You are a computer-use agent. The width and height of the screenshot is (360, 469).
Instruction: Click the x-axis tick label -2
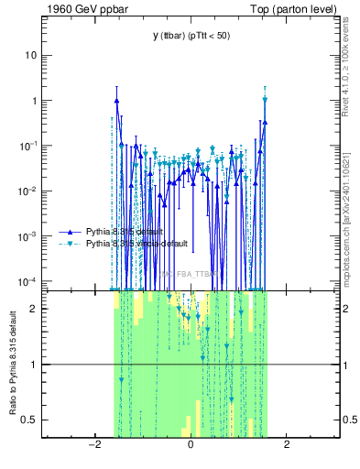point(93,444)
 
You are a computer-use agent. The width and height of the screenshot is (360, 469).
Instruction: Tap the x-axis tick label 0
point(191,444)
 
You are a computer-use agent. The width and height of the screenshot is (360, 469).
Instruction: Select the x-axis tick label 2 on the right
point(287,444)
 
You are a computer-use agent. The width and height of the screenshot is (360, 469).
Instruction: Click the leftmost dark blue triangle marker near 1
point(116,101)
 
